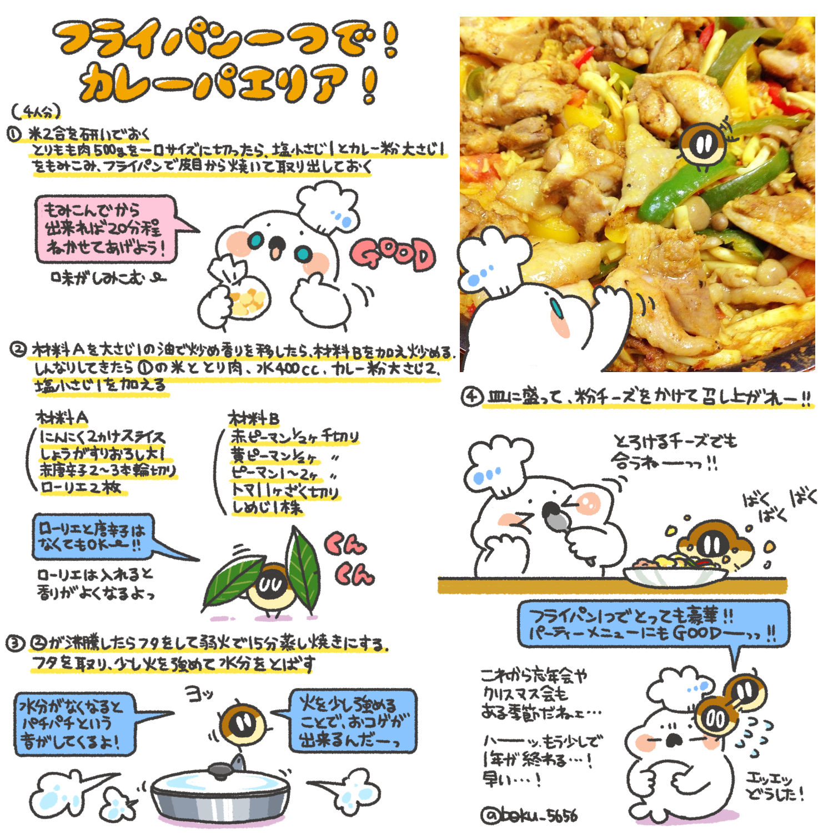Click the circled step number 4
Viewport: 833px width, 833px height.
(471, 397)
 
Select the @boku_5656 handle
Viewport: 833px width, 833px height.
(529, 815)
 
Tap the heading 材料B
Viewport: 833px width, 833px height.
(254, 418)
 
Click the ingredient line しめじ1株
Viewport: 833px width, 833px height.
(267, 507)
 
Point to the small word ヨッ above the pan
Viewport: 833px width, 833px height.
(198, 694)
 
